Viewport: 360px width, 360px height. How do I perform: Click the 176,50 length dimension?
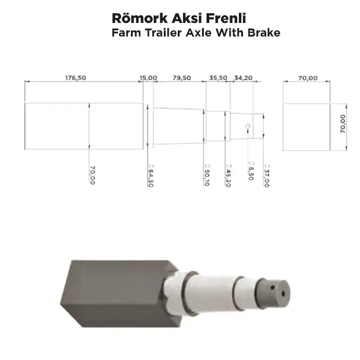75,78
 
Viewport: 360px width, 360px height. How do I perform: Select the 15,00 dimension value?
148,78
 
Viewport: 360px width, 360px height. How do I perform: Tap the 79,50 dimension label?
182,78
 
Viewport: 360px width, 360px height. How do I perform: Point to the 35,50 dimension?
218,78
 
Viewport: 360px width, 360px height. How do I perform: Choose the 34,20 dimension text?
243,78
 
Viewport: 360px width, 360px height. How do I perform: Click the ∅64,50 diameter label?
149,174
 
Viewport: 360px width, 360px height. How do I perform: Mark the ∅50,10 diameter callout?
206,174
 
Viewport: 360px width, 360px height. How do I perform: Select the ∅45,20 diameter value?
228,174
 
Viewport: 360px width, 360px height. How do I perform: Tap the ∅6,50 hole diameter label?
251,171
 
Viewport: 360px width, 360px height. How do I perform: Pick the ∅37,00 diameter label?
266,174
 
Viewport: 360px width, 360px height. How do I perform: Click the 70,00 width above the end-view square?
308,78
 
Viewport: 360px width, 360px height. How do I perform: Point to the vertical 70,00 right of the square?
343,124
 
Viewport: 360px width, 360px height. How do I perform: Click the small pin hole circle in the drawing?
247,126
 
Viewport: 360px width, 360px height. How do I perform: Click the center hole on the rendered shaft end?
283,292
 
